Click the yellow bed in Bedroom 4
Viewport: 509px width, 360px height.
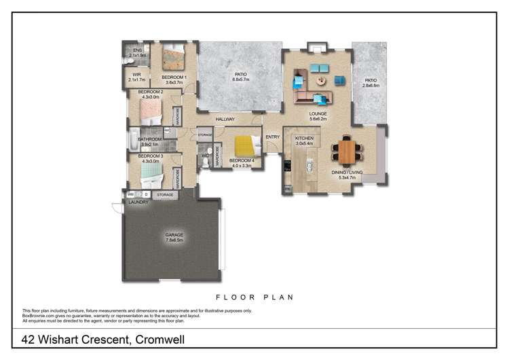click(x=245, y=146)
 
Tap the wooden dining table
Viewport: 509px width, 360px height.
click(x=346, y=151)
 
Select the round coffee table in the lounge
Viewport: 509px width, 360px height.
click(x=320, y=80)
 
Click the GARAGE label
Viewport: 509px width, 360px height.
click(x=174, y=235)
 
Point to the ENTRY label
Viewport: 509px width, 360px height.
click(x=272, y=137)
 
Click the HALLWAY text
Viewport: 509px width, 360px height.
click(x=225, y=120)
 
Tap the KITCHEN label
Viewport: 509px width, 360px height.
click(x=303, y=138)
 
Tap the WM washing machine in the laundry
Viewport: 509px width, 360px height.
click(x=130, y=195)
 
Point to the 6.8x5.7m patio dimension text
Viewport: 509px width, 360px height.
click(x=240, y=79)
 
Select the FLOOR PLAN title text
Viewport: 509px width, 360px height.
click(x=254, y=297)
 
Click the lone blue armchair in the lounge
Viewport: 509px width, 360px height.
click(x=339, y=80)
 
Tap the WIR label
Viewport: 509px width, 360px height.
click(x=136, y=75)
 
